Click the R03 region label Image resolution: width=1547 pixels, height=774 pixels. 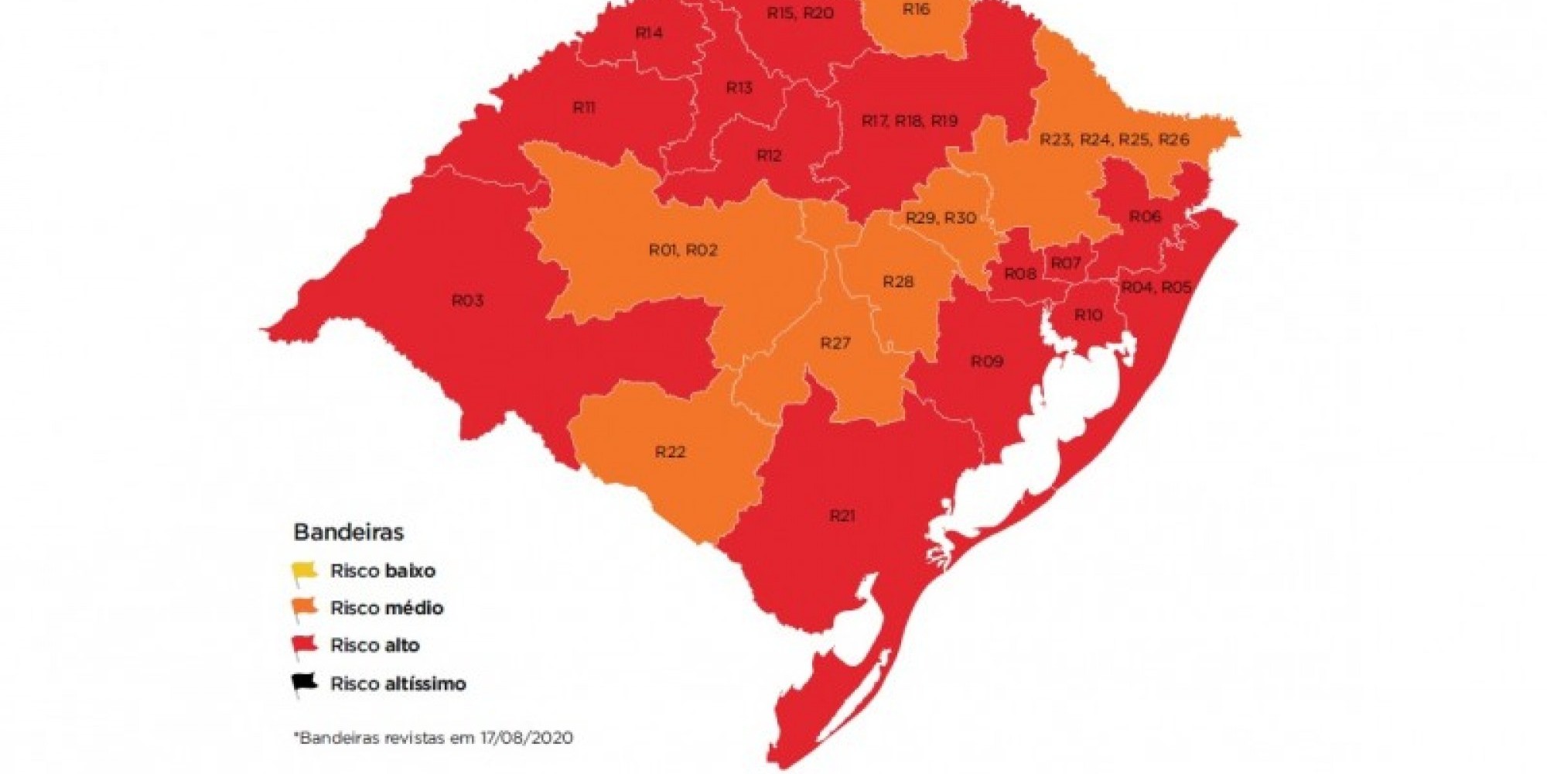point(467,300)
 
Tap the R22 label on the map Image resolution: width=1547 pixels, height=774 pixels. point(670,452)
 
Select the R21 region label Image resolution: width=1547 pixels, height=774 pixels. point(842,515)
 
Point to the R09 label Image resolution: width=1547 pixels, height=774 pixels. point(986,361)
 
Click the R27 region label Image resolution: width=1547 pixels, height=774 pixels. point(835,343)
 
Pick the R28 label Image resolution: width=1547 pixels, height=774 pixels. point(898,282)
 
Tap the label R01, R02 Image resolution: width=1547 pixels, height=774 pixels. point(683,250)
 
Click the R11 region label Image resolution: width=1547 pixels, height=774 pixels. point(584,108)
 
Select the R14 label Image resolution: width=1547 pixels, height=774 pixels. point(648,33)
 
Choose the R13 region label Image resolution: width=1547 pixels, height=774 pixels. point(739,88)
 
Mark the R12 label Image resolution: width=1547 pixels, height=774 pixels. point(769,156)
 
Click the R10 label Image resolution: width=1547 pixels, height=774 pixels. point(1088,315)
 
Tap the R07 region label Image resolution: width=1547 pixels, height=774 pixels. point(1065,263)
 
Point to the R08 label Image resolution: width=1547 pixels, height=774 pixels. point(1019,274)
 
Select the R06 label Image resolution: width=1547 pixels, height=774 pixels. point(1145,217)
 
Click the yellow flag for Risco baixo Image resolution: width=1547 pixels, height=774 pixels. point(304,573)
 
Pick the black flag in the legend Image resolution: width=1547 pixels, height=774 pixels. point(304,684)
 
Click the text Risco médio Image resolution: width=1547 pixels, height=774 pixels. point(387,608)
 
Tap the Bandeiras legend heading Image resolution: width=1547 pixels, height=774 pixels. point(349,533)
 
